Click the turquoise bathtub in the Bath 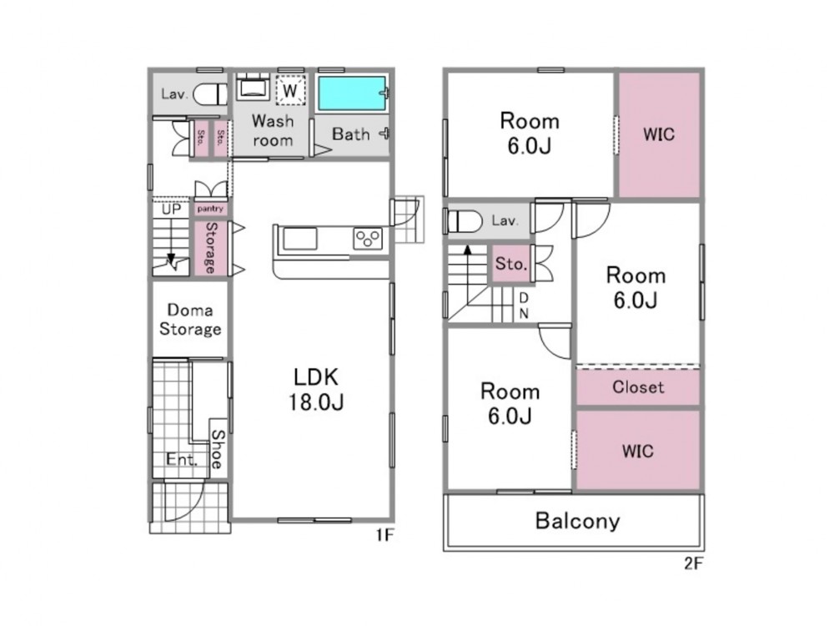pos(351,93)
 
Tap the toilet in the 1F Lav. pos(211,94)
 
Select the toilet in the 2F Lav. pos(465,221)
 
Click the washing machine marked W pos(290,90)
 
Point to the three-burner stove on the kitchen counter pos(368,237)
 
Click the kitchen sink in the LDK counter pos(300,239)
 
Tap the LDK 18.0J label pos(316,389)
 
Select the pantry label pos(210,209)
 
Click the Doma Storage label pos(190,320)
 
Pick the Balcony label pos(578,521)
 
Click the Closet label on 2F pos(638,387)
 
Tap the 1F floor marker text pos(384,534)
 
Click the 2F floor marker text pos(694,563)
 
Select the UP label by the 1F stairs pos(171,210)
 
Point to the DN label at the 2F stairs pos(524,305)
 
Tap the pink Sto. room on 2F pos(510,264)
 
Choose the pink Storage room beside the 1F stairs pos(211,248)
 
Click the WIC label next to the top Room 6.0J pos(659,134)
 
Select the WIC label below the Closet pos(638,452)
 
